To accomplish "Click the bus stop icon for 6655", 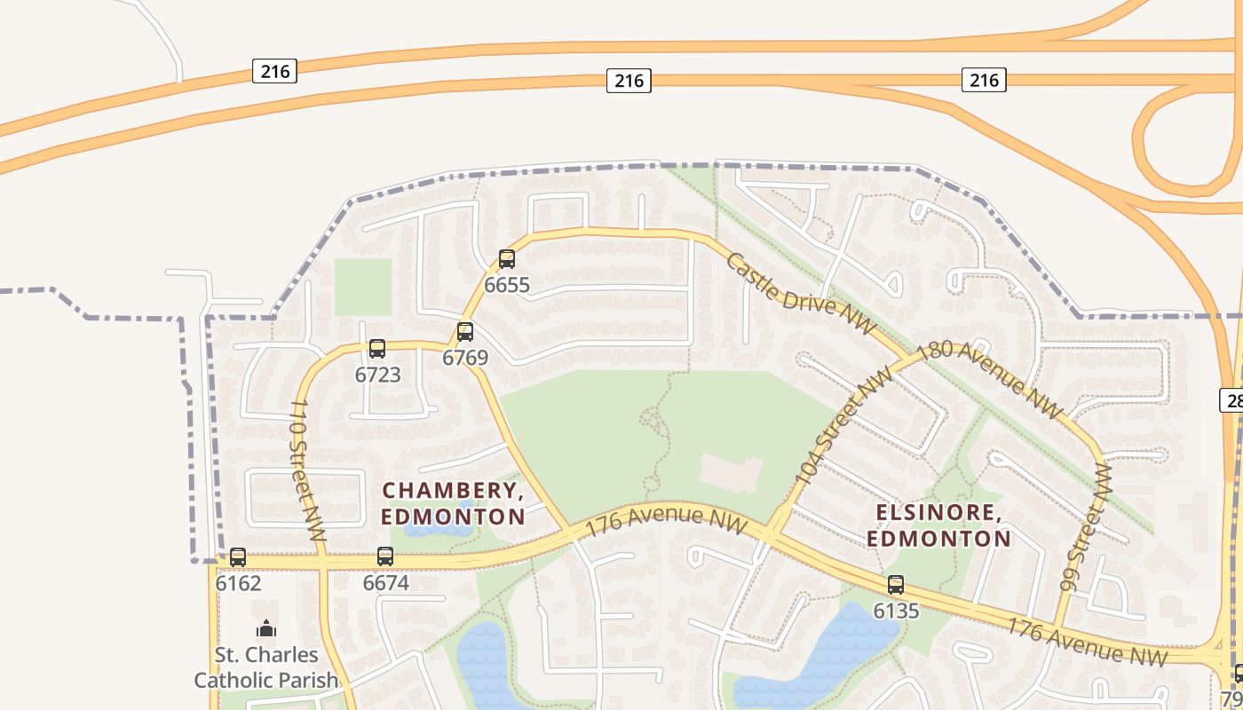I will tap(506, 259).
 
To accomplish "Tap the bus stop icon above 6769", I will tap(464, 333).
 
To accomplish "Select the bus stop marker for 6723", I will tap(377, 349).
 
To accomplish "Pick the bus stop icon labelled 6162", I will tap(238, 557).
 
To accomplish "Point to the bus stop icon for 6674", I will tap(385, 556).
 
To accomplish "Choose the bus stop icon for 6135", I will tap(896, 585).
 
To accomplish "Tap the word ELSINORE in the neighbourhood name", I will tap(938, 513).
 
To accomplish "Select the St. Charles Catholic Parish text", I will tap(266, 667).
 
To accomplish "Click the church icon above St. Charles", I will tap(266, 629).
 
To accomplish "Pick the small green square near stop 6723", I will tap(363, 287).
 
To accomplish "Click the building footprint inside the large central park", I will tap(730, 474).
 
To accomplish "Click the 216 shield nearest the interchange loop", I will tap(984, 80).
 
